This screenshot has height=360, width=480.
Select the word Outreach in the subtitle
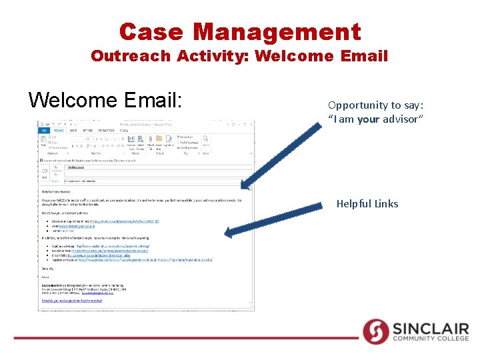pyautogui.click(x=131, y=56)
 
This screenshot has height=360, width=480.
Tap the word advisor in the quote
pyautogui.click(x=401, y=119)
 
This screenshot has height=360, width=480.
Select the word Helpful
pyautogui.click(x=354, y=204)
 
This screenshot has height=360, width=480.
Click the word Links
pyautogui.click(x=387, y=204)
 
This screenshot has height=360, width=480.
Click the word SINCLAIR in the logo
pyautogui.click(x=431, y=328)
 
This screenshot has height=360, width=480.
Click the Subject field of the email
pyautogui.click(x=133, y=181)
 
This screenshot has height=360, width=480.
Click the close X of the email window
pyautogui.click(x=251, y=124)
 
